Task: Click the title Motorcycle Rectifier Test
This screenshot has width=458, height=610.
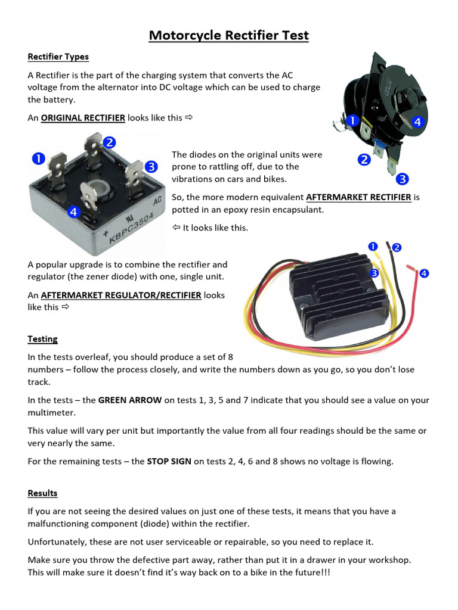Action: [229, 35]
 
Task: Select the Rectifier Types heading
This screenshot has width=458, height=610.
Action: [58, 57]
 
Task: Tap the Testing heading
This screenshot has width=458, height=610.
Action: [42, 339]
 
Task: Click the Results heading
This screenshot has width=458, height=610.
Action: [42, 493]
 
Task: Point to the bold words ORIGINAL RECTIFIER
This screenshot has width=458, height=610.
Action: [83, 118]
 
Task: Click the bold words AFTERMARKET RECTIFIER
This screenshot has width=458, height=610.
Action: [358, 197]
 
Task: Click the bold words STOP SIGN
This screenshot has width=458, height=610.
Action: [169, 462]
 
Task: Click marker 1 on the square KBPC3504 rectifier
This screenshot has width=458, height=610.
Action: [38, 158]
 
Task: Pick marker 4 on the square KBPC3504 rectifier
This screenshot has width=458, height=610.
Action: [73, 211]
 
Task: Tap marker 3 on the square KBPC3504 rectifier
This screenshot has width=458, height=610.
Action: [151, 166]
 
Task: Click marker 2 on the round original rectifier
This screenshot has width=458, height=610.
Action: [364, 160]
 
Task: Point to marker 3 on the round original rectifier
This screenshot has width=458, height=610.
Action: [403, 178]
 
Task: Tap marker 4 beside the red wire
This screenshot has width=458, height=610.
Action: [424, 273]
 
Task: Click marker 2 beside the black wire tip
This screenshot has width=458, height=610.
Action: [396, 247]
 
